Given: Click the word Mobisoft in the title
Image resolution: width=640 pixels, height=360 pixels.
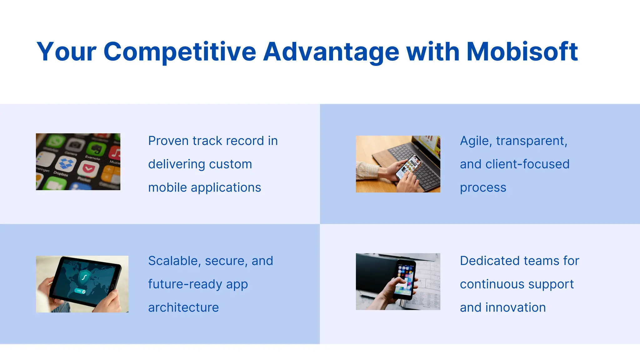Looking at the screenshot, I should tap(522, 52).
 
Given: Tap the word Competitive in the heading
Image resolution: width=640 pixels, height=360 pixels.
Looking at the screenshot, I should tap(180, 52).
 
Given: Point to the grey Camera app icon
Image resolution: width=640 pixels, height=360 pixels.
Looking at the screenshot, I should tap(75, 144).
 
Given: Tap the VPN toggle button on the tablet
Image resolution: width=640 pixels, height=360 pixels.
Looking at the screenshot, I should tap(80, 291).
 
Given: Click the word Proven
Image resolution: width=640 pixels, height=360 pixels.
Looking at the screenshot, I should tap(168, 141).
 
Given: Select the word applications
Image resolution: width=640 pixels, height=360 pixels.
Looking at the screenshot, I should tap(226, 187).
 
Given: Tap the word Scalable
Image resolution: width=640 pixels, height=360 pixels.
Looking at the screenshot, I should tap(174, 261).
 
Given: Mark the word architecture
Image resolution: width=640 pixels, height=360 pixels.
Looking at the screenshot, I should tap(183, 307).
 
